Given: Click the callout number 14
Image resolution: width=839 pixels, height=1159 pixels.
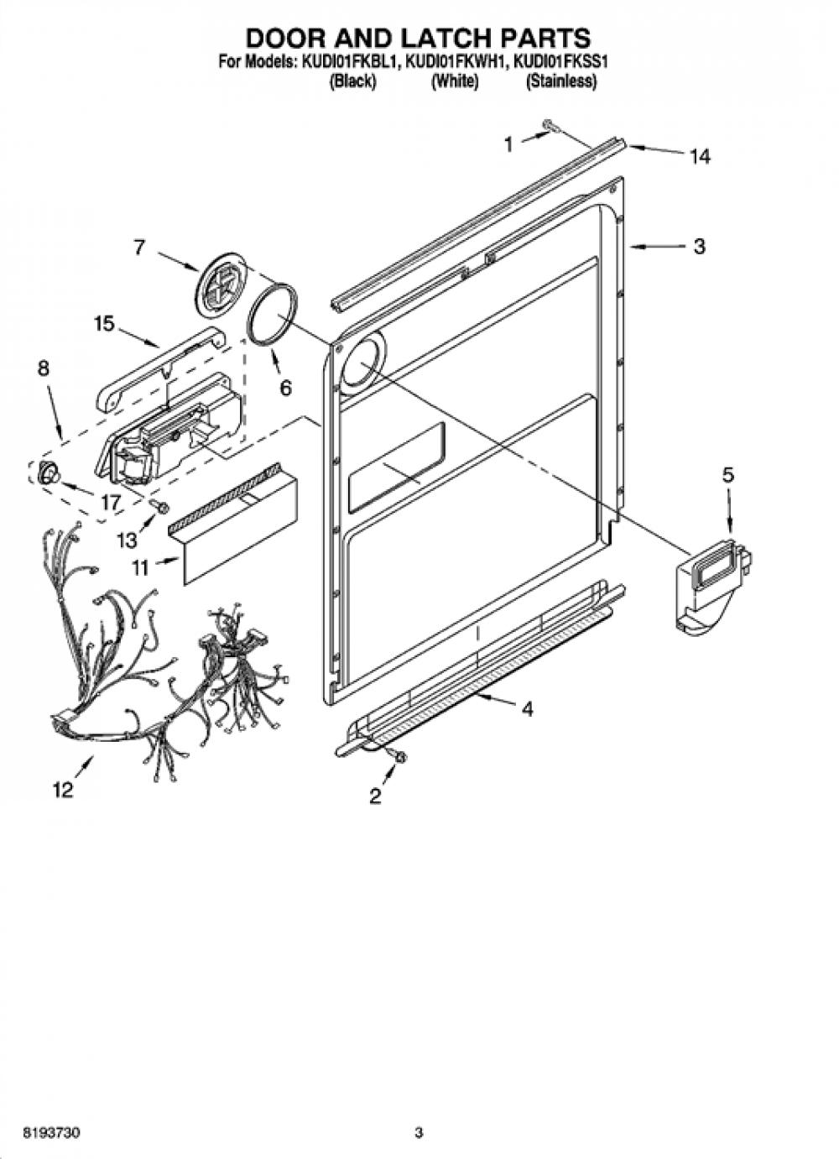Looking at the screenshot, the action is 700,157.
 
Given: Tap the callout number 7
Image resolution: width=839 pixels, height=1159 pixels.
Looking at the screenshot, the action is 138,248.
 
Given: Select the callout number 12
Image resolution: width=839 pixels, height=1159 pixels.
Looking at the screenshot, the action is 63,790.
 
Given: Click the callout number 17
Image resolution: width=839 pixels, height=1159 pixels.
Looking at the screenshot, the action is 112,503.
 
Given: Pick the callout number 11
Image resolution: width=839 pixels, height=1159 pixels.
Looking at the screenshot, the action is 139,568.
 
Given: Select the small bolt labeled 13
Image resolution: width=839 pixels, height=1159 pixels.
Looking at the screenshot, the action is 159,507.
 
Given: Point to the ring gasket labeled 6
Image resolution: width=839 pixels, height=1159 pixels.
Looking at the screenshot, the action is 273,315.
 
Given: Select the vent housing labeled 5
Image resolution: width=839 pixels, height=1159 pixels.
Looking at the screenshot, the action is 714,584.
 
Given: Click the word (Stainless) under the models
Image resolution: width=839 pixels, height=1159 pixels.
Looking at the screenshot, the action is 561,81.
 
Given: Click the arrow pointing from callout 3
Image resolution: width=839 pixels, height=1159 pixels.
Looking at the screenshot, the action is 652,248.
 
